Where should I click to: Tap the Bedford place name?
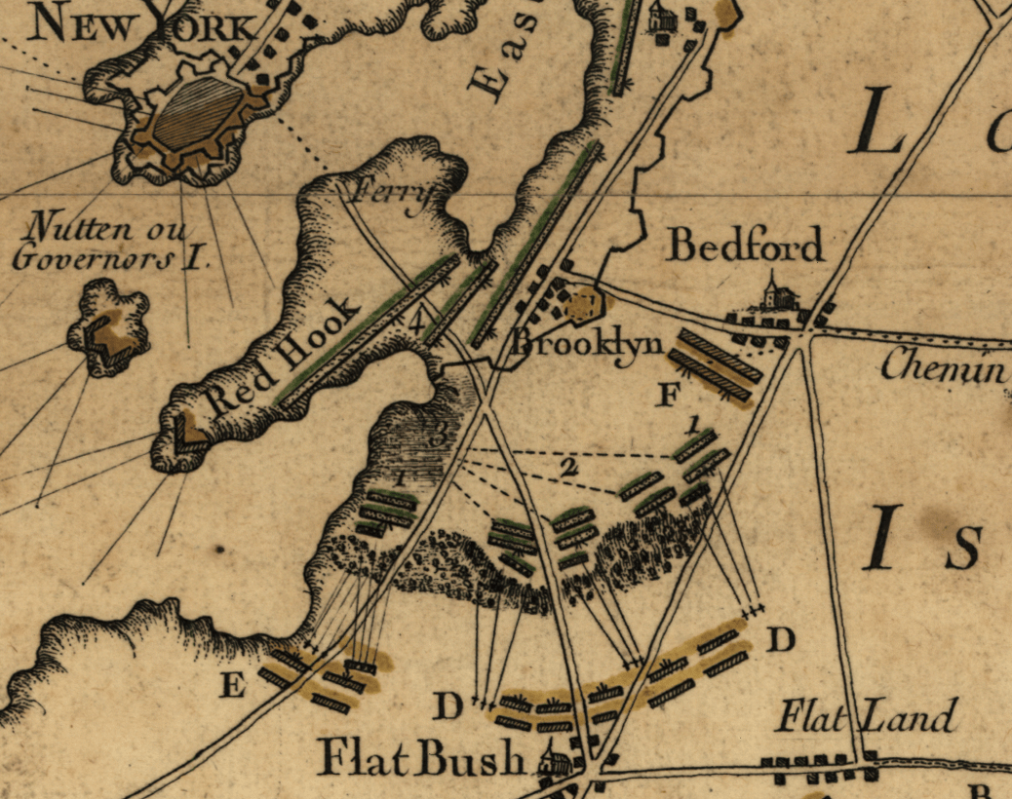pyautogui.click(x=745, y=246)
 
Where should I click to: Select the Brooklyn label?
pyautogui.click(x=589, y=343)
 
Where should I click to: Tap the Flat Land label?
pyautogui.click(x=866, y=718)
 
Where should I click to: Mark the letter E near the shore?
pyautogui.click(x=232, y=687)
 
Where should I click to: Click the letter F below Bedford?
pyautogui.click(x=669, y=395)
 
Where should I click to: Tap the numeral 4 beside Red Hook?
pyautogui.click(x=418, y=323)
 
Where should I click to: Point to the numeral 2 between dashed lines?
pyautogui.click(x=568, y=468)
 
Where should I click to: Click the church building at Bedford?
pyautogui.click(x=771, y=291)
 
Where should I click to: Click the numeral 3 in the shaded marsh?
pyautogui.click(x=438, y=436)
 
